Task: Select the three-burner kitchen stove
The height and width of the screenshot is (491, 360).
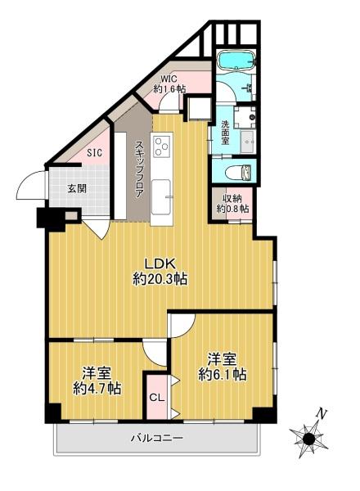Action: point(161,146)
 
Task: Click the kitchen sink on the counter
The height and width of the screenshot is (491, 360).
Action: point(161,196)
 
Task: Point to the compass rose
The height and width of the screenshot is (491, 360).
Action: point(308,439)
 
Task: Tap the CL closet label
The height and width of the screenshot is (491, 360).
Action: point(157,398)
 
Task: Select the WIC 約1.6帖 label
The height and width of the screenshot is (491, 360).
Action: point(169,83)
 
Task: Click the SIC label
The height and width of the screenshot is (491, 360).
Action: point(94,153)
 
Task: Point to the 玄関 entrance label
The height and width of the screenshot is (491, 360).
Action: point(77,188)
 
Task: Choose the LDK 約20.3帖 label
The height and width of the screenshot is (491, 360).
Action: point(160,271)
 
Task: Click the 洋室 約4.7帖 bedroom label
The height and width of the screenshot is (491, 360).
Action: point(97,381)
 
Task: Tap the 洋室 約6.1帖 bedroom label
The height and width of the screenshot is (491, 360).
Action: point(222,367)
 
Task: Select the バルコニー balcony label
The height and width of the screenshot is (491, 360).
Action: point(156,438)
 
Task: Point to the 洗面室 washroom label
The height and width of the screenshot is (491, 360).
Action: point(225,133)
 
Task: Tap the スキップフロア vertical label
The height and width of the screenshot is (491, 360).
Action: point(139,169)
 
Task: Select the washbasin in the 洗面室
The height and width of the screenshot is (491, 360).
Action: point(248,142)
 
